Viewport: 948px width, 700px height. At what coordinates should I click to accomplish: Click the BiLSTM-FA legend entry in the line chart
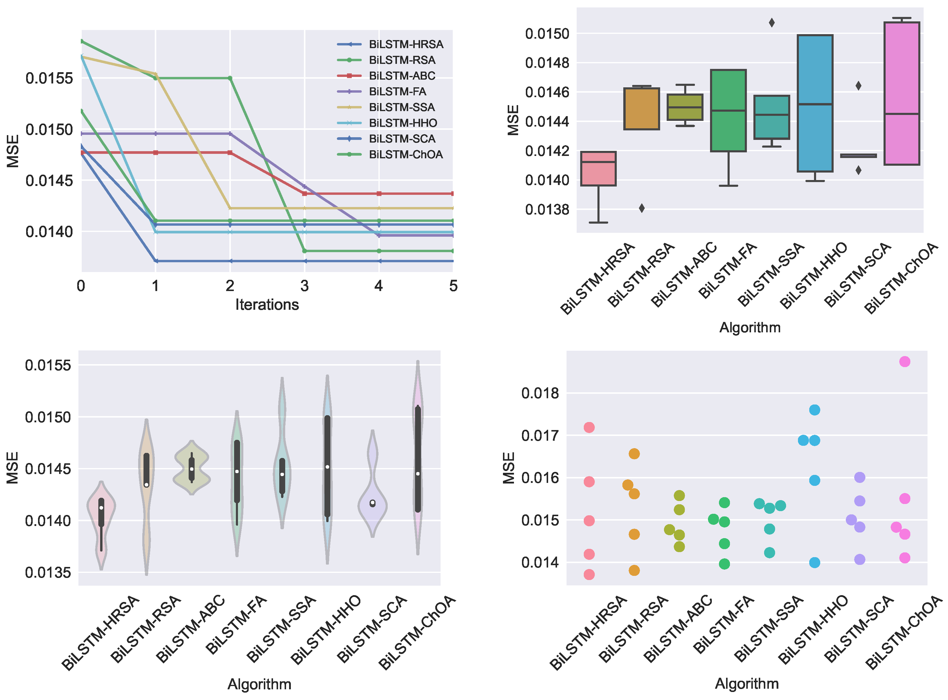397,91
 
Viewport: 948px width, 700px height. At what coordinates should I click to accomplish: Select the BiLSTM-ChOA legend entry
405,155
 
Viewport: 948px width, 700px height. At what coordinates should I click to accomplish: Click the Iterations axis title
267,305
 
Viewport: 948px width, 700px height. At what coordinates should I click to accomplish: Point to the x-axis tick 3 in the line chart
304,286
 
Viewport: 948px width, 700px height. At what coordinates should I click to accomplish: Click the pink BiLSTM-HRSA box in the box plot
598,169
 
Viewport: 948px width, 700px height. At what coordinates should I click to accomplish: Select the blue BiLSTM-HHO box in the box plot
815,103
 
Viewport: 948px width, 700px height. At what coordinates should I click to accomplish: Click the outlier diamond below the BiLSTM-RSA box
642,208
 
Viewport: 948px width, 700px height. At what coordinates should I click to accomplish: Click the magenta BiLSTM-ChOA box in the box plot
901,94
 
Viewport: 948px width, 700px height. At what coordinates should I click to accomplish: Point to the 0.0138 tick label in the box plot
547,210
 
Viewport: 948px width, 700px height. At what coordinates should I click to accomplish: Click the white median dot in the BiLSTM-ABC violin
192,469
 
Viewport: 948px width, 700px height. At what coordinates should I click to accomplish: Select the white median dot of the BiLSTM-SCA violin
373,503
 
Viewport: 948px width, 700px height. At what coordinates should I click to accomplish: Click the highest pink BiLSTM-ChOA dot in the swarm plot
904,361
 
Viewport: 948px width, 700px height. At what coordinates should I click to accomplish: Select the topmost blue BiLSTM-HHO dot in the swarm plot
814,410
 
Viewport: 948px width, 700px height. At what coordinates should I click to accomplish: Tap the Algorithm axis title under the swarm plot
746,683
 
